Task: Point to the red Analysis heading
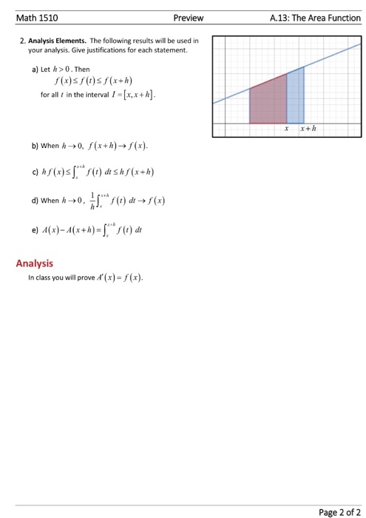click(35, 262)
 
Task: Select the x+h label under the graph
click(308, 129)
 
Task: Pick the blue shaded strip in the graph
click(295, 96)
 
